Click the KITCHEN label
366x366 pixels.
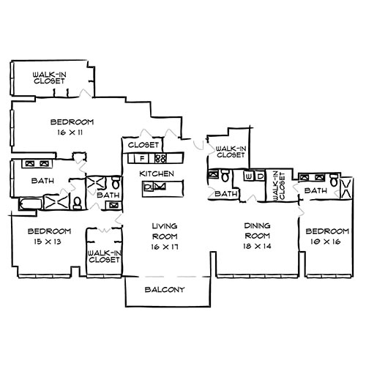pyautogui.click(x=157, y=173)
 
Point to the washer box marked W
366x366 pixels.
pyautogui.click(x=250, y=176)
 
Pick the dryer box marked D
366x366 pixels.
pyautogui.click(x=260, y=176)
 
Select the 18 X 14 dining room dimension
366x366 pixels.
pyautogui.click(x=255, y=248)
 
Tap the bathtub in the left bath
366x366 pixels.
pyautogui.click(x=29, y=202)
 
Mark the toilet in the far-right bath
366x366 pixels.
pyautogui.click(x=333, y=179)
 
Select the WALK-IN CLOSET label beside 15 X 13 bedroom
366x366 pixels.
pyautogui.click(x=103, y=255)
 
